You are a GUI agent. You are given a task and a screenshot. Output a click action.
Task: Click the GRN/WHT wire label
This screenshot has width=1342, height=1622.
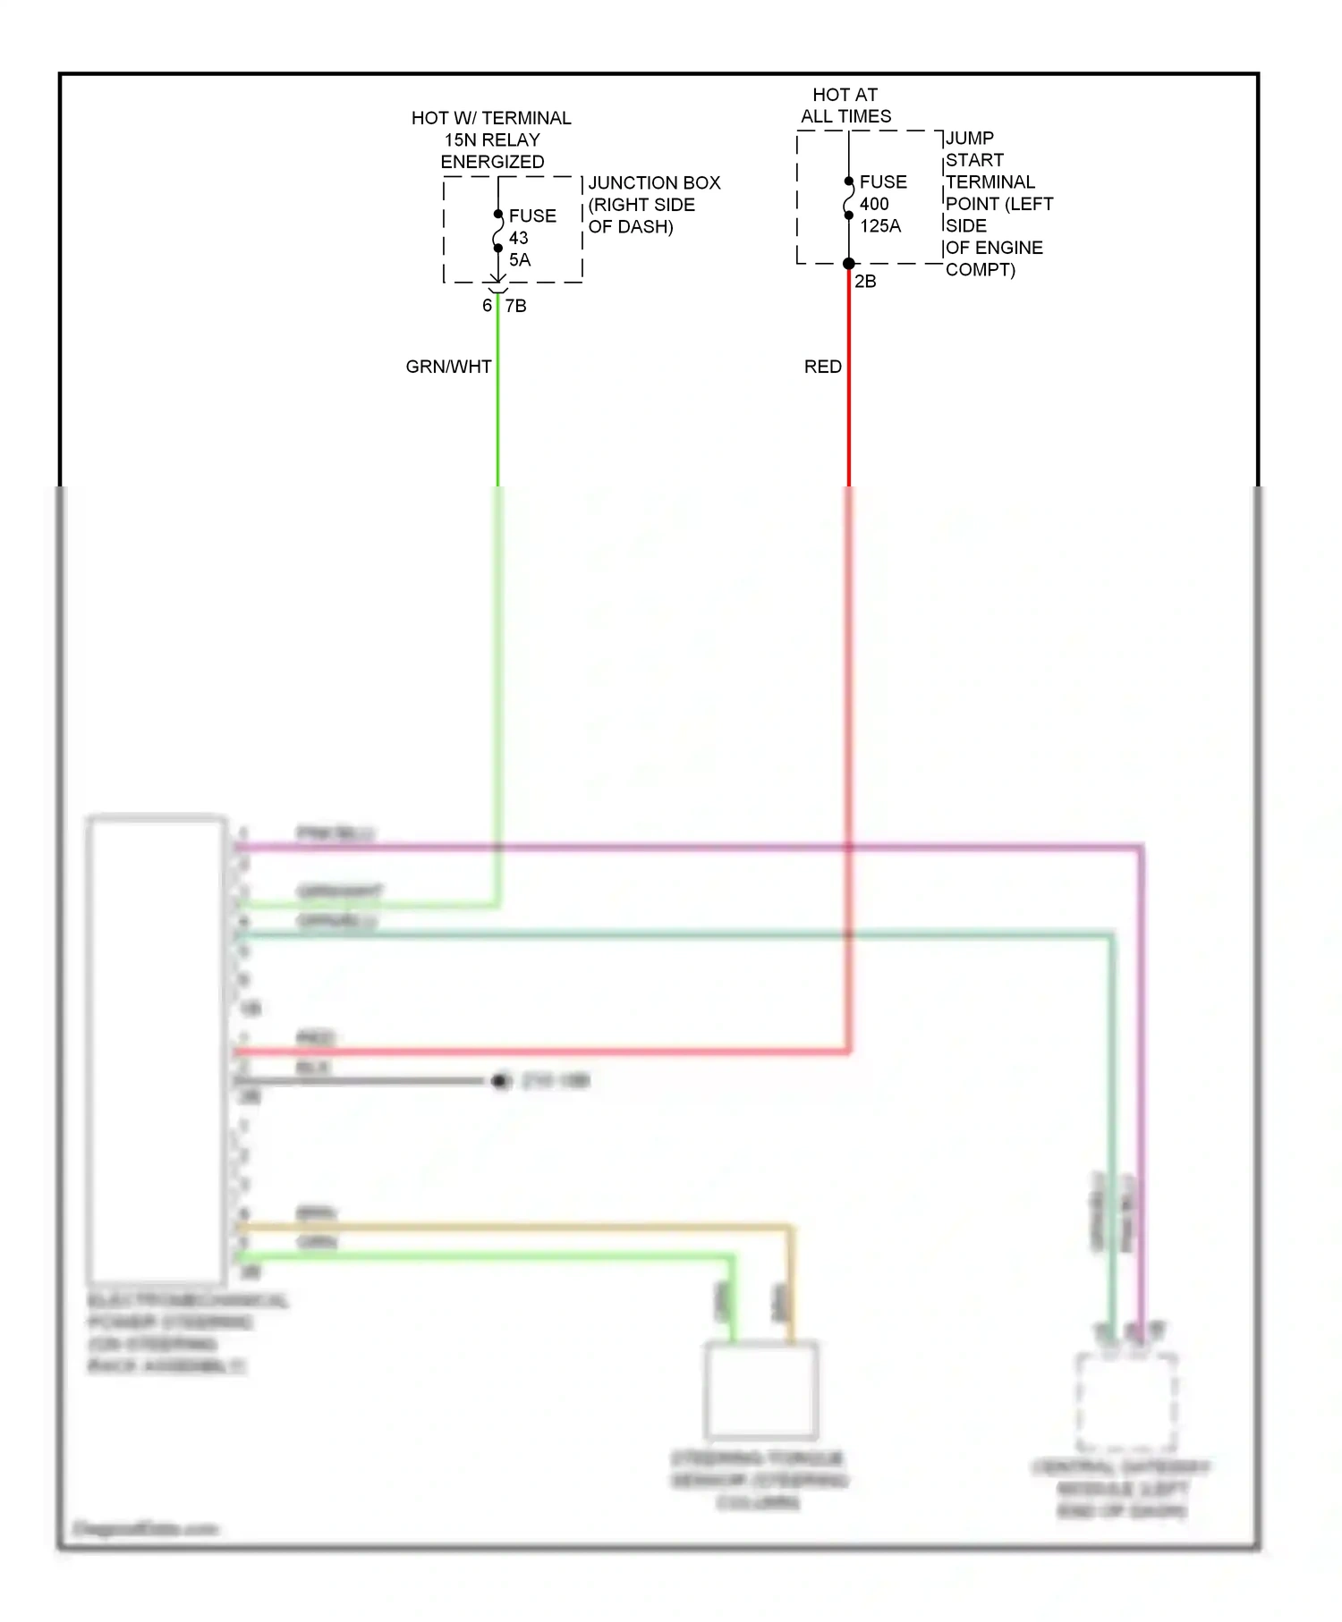tap(448, 367)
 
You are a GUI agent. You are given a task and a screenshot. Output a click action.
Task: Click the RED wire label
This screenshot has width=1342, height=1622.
tap(822, 367)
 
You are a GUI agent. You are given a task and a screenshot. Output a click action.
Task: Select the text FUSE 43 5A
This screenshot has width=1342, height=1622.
tap(531, 238)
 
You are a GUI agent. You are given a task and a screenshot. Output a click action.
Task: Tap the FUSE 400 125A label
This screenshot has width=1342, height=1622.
tap(882, 204)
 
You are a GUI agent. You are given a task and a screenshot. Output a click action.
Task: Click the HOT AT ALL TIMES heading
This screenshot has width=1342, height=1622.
tap(845, 106)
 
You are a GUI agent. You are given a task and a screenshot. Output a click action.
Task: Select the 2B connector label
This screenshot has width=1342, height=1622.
tap(865, 282)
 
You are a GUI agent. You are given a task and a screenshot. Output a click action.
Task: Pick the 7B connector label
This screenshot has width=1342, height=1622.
tap(516, 306)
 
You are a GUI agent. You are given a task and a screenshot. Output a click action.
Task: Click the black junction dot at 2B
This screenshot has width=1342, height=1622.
tap(848, 264)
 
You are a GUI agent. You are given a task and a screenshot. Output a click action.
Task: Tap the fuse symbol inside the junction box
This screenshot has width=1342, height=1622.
tap(497, 232)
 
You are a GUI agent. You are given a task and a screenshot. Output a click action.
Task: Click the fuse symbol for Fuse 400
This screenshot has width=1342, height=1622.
tap(848, 199)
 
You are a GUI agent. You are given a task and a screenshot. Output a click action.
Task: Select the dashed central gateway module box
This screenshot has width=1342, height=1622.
tap(1125, 1401)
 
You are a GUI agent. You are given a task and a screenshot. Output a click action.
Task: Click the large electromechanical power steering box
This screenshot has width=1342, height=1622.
tap(156, 1049)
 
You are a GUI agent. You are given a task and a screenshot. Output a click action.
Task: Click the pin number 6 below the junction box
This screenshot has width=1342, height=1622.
tap(487, 306)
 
